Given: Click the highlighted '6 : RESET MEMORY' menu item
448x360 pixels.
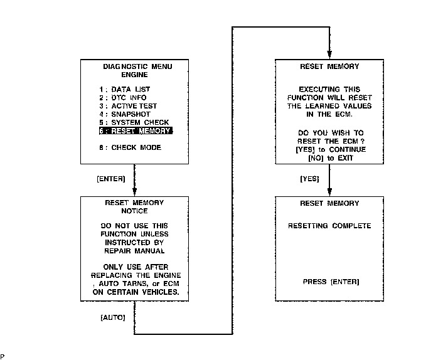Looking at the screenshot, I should (x=135, y=131).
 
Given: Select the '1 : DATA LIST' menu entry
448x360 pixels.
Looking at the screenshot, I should (x=125, y=90).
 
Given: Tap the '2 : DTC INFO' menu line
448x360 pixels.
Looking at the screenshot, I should (x=125, y=98).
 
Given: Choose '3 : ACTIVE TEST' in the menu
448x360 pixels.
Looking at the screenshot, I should (x=128, y=106).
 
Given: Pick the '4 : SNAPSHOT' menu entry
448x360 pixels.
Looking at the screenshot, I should (x=125, y=114).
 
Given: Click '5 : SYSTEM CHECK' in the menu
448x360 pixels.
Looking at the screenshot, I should (x=134, y=122).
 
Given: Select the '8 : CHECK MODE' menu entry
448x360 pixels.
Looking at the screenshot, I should (x=130, y=147).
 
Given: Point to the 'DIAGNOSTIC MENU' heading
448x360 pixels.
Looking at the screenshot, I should (x=137, y=66).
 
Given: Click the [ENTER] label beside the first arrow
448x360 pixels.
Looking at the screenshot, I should (x=111, y=179).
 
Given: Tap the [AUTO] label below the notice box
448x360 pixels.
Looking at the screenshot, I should (x=113, y=317).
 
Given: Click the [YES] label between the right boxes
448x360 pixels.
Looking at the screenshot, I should (x=310, y=179).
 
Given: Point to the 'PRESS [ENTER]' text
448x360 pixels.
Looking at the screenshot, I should (x=331, y=282).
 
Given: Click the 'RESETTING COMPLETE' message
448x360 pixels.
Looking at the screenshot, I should (x=329, y=226).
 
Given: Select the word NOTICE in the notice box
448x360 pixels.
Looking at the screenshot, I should (x=134, y=211).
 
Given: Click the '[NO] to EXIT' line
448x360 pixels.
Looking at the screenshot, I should (x=329, y=158).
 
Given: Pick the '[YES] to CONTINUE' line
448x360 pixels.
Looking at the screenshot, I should (x=329, y=150).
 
